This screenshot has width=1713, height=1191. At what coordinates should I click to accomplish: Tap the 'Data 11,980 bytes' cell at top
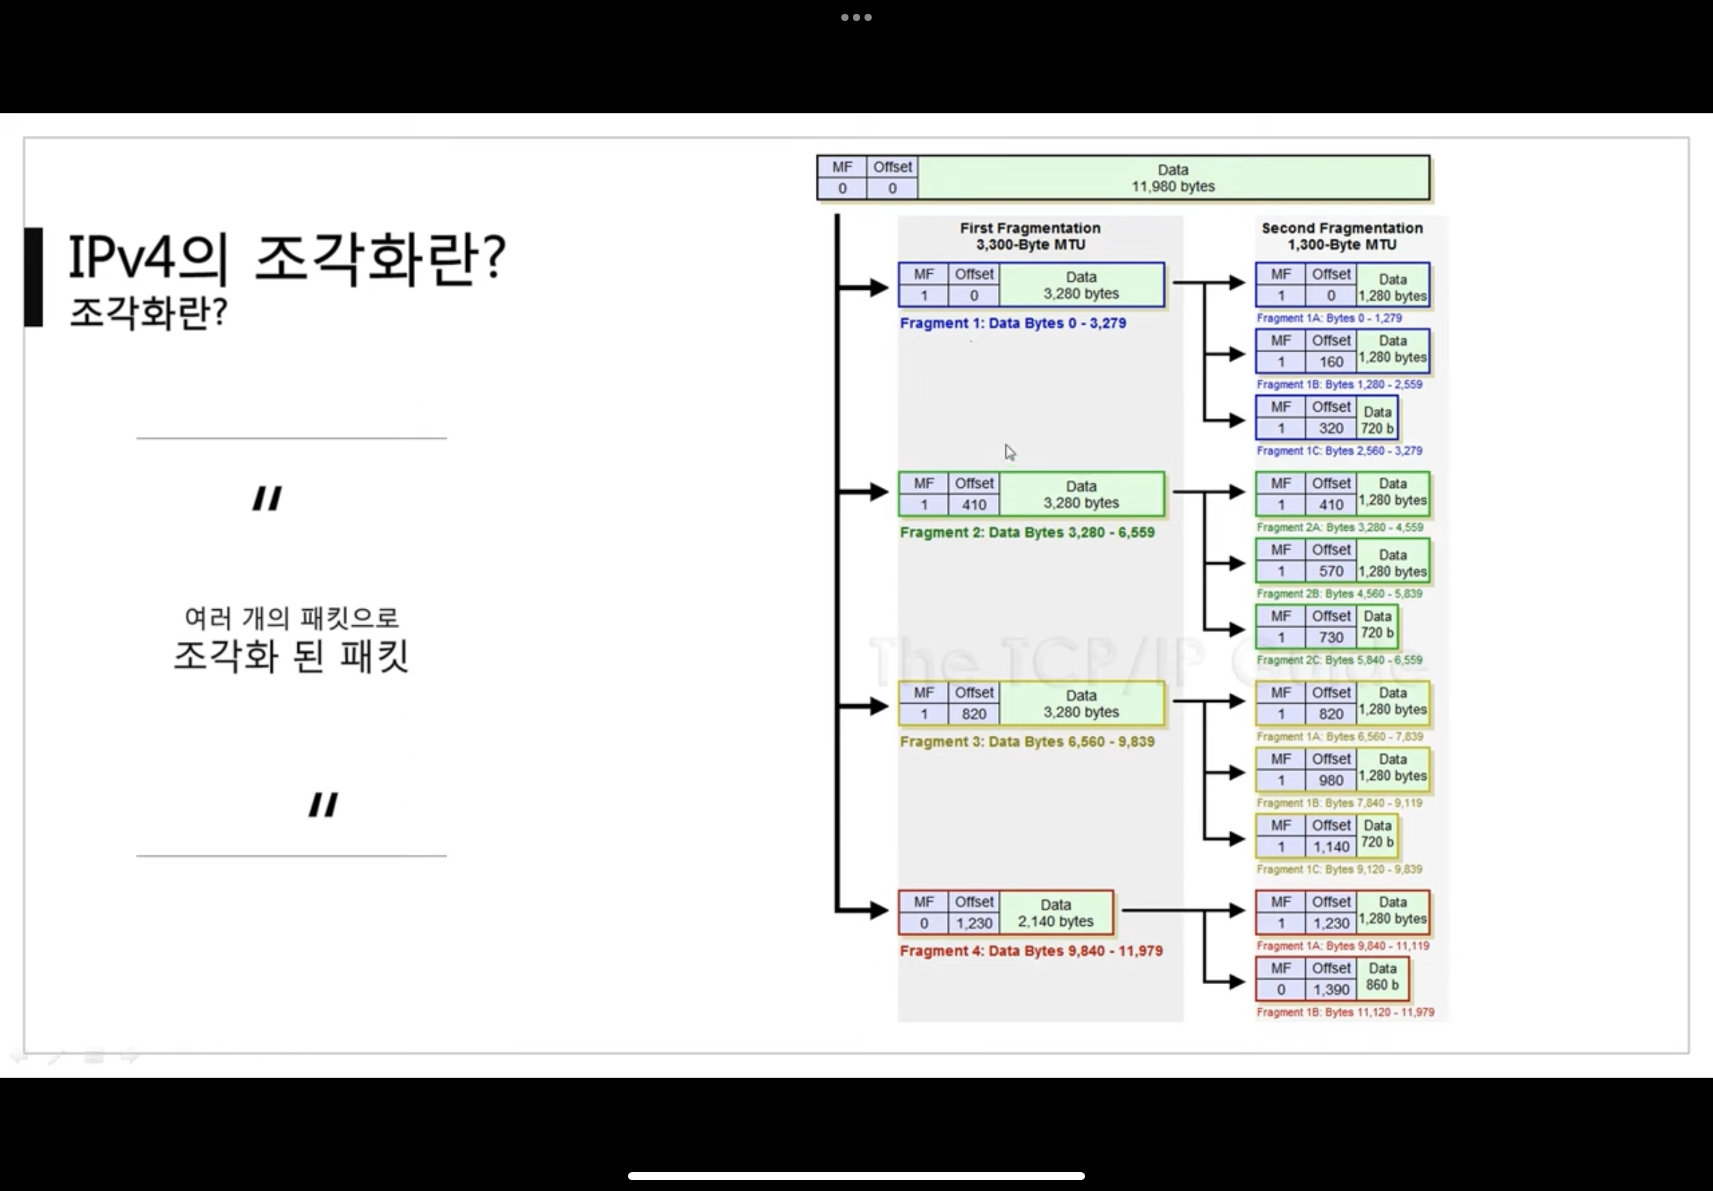(x=1172, y=179)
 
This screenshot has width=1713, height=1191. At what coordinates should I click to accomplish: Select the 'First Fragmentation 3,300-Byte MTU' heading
(x=1030, y=236)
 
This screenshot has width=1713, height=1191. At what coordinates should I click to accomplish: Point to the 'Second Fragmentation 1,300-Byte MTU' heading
(x=1341, y=236)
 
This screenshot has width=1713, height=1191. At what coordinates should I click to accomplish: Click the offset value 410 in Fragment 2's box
(x=973, y=505)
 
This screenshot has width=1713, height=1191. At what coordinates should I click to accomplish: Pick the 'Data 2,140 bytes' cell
(x=1055, y=913)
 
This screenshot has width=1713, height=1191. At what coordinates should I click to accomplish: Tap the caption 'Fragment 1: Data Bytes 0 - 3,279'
(x=1012, y=323)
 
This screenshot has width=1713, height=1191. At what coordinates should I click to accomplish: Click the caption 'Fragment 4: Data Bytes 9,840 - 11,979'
(x=1031, y=951)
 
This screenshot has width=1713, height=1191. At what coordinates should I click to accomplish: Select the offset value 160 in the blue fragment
(x=1330, y=362)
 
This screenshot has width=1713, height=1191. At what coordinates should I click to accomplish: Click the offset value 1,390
(x=1330, y=990)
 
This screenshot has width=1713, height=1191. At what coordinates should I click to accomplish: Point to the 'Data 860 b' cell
(x=1382, y=977)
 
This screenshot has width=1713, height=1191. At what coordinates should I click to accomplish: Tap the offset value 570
(x=1330, y=572)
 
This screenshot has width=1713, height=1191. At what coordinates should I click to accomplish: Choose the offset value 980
(x=1330, y=781)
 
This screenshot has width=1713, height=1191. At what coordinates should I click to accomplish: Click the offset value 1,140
(x=1330, y=847)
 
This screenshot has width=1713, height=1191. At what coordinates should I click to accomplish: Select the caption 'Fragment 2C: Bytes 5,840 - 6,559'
(x=1338, y=660)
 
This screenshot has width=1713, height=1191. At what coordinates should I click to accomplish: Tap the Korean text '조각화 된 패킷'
(x=291, y=656)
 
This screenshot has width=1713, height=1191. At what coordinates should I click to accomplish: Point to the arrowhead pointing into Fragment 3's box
(x=878, y=705)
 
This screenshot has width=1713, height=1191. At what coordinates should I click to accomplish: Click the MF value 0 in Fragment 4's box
(x=923, y=923)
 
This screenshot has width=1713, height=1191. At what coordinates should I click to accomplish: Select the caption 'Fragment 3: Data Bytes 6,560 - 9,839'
(x=1026, y=741)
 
